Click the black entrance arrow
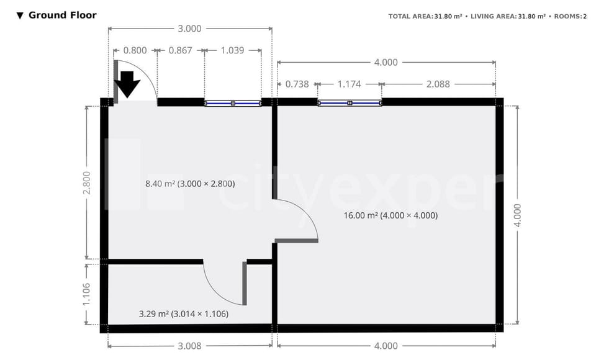coord(128,84)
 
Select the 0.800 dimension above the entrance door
coord(135,50)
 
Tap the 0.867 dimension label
coord(180,50)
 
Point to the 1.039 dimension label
coord(233,50)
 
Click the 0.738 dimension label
coord(297,84)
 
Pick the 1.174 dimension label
coord(349,84)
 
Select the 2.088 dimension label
coord(438,84)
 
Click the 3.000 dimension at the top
coord(190,28)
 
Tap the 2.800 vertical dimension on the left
coord(86,182)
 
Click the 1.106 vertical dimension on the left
coord(86,294)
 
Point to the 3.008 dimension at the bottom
coord(190,346)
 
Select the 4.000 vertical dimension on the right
coord(518,215)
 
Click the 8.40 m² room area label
coord(189,184)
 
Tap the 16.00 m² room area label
coord(391,216)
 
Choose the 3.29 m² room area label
coord(183,314)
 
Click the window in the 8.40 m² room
coord(233,103)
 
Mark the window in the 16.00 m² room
coord(350,103)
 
